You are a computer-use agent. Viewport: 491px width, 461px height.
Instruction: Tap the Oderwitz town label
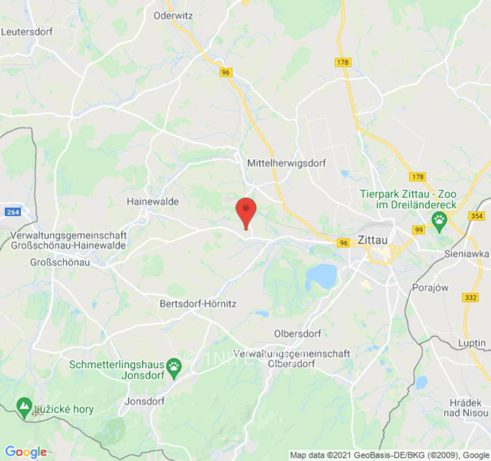pyautogui.click(x=173, y=16)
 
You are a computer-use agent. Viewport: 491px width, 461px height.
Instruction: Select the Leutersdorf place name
pyautogui.click(x=26, y=32)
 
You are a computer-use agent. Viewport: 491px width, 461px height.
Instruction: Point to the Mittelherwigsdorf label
pyautogui.click(x=286, y=163)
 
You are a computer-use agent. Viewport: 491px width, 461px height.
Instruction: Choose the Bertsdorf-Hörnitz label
pyautogui.click(x=199, y=303)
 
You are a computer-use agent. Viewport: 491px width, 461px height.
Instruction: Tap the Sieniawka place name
pyautogui.click(x=467, y=254)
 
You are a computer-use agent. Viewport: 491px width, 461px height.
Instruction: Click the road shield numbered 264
pyautogui.click(x=13, y=212)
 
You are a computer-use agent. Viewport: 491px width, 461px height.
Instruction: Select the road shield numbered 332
pyautogui.click(x=470, y=297)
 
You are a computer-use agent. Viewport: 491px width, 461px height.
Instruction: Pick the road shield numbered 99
pyautogui.click(x=418, y=230)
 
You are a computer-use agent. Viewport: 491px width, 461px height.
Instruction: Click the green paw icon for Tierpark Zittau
pyautogui.click(x=440, y=220)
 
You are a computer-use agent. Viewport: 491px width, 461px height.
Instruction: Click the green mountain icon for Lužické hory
pyautogui.click(x=24, y=406)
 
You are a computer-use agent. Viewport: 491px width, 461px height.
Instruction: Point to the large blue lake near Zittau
pyautogui.click(x=321, y=277)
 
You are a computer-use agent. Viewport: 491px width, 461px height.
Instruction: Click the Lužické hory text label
pyautogui.click(x=63, y=410)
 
